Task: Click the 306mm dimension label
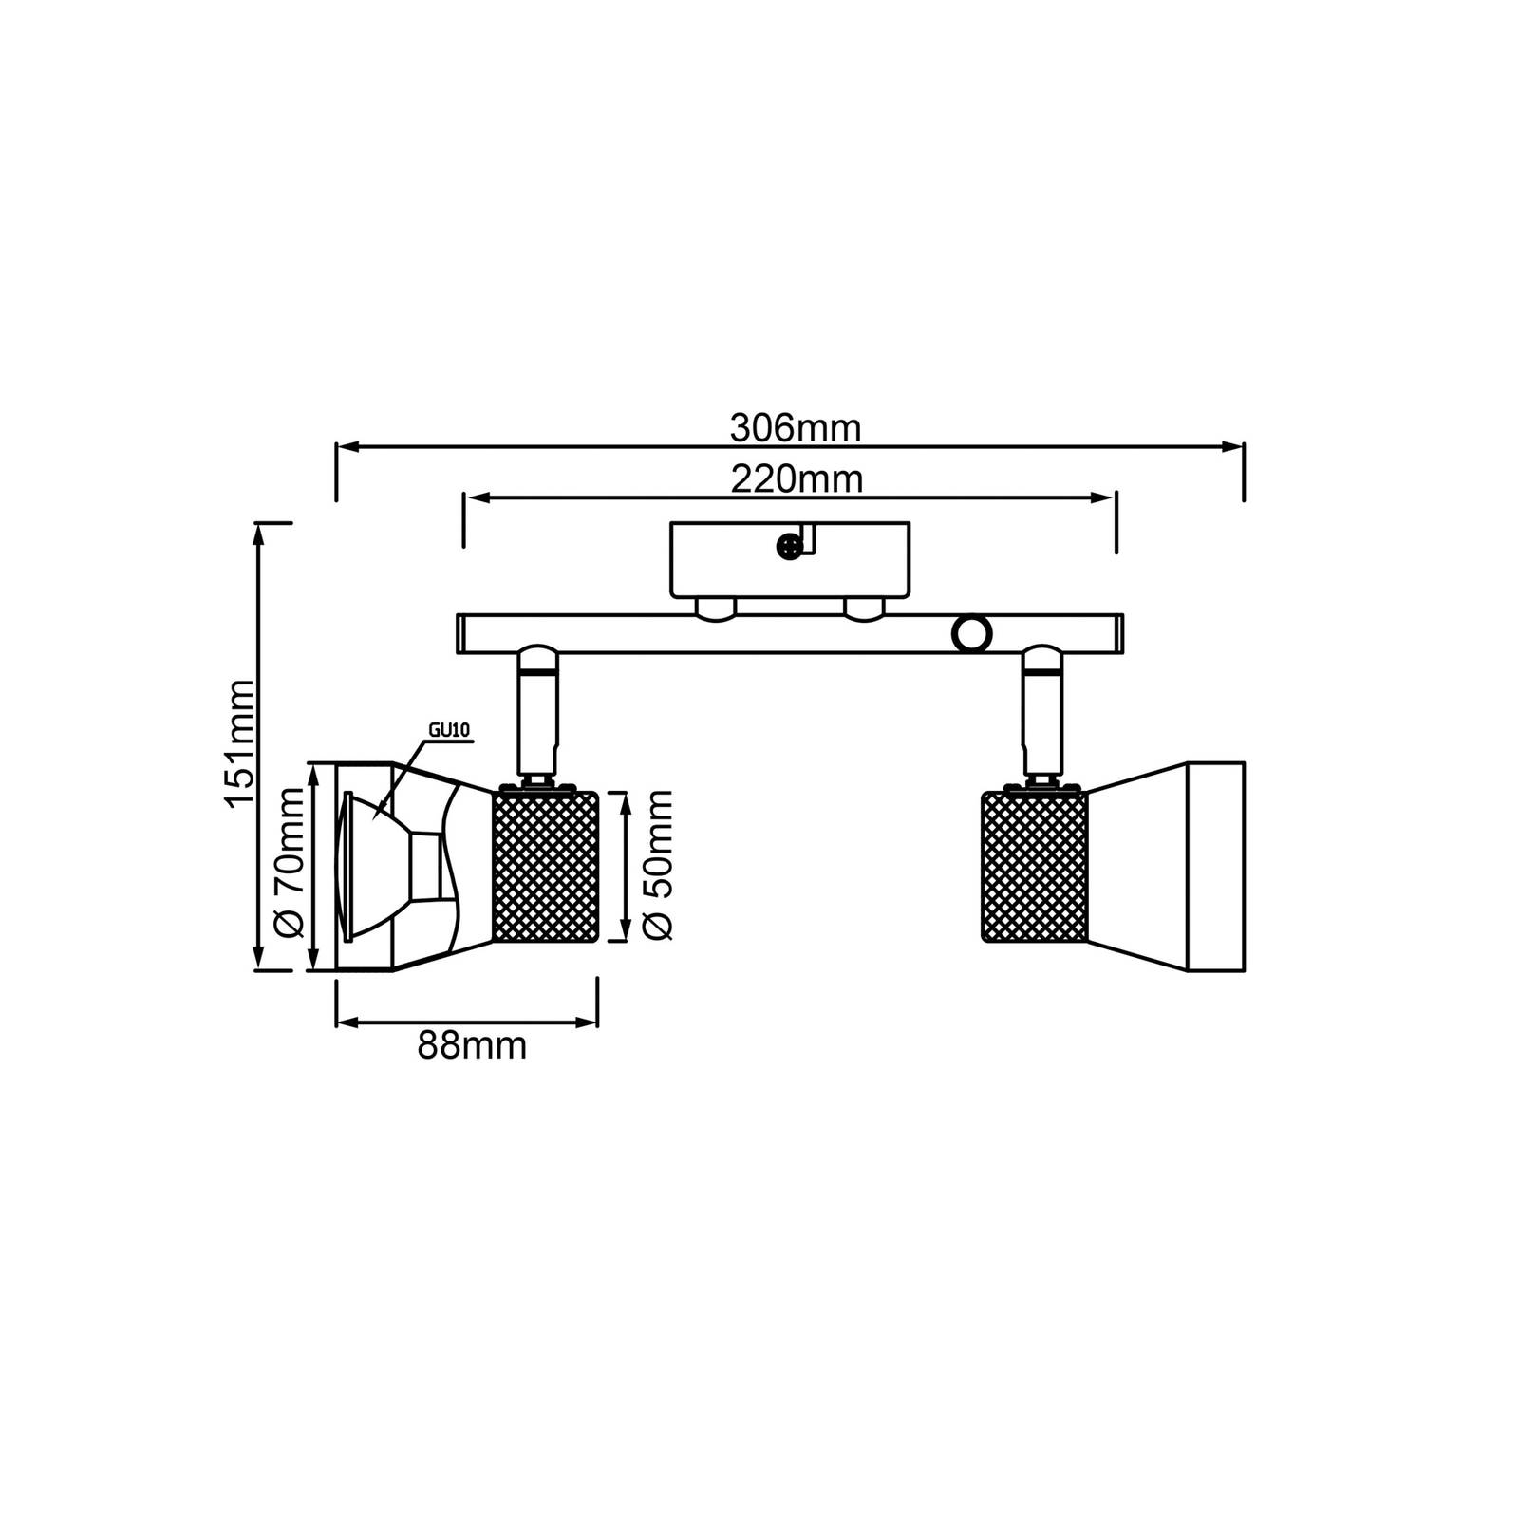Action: pos(795,429)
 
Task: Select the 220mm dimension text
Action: pos(797,479)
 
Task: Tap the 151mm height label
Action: pos(240,743)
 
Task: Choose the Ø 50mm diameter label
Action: pos(657,865)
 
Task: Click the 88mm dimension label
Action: pos(472,1046)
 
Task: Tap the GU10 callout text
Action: pos(449,730)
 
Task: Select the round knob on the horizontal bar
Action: pos(971,633)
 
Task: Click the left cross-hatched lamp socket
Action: pos(545,867)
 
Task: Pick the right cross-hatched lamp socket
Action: pos(1034,867)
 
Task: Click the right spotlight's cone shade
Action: pos(1166,867)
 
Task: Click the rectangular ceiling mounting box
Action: pos(790,560)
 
